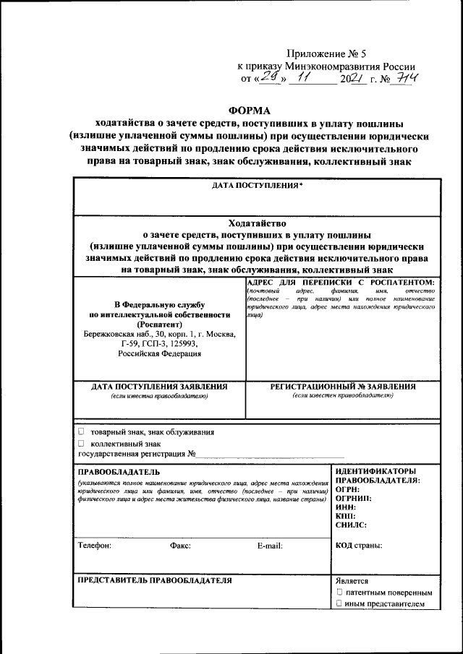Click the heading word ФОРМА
click(x=249, y=111)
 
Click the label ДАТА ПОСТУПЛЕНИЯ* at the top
click(x=257, y=186)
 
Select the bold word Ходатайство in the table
click(x=257, y=223)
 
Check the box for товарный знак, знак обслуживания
click(x=81, y=431)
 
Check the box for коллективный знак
click(x=81, y=443)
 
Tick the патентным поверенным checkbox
click(x=339, y=592)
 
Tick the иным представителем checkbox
click(x=339, y=603)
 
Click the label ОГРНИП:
click(x=354, y=498)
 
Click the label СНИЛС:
click(x=352, y=525)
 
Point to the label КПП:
click(x=346, y=516)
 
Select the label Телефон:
click(x=94, y=546)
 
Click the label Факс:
click(x=180, y=546)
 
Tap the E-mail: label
click(x=270, y=546)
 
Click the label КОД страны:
click(x=359, y=546)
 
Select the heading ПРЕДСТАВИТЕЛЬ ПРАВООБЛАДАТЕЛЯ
click(x=155, y=580)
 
